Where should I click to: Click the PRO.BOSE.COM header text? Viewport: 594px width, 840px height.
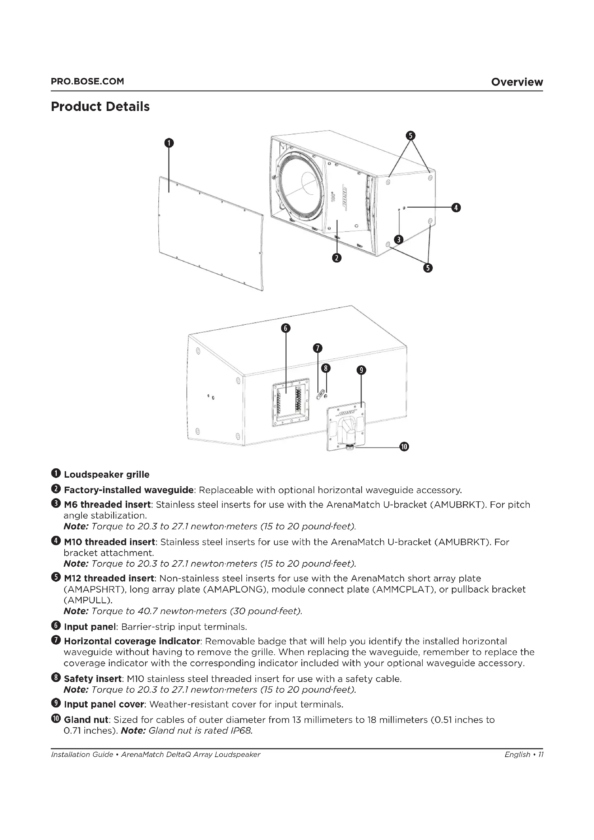(87, 81)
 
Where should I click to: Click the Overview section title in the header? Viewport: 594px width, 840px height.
(516, 82)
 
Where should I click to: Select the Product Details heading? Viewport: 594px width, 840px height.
(100, 106)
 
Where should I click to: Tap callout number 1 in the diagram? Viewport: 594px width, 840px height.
(169, 143)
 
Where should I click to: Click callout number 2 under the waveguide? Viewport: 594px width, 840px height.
(337, 258)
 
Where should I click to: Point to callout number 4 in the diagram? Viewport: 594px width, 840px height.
(456, 208)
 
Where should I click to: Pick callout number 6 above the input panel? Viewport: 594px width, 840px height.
(286, 328)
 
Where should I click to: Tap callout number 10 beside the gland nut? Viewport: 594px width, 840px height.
(404, 447)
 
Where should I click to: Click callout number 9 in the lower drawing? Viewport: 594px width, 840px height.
(361, 370)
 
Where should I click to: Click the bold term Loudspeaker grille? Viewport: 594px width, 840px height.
(106, 474)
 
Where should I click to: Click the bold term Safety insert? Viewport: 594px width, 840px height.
(93, 679)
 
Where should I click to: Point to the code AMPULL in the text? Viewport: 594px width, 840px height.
(87, 600)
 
